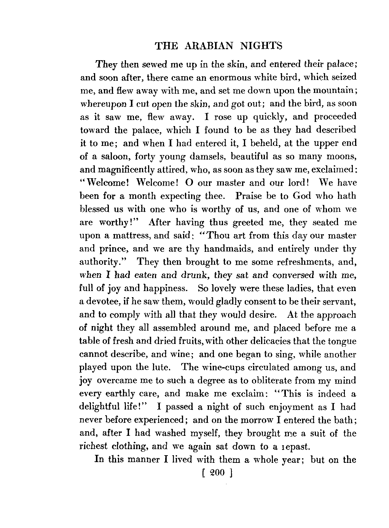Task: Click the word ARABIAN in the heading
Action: (206, 46)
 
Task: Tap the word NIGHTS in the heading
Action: (262, 46)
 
